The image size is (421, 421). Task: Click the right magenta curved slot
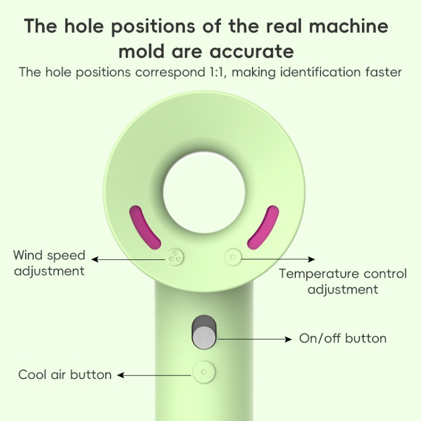(x=264, y=227)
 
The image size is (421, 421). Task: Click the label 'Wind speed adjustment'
(x=49, y=263)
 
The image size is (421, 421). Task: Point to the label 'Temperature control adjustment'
(x=342, y=281)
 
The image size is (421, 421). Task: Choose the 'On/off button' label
(x=342, y=338)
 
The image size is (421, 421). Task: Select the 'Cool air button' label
(x=65, y=374)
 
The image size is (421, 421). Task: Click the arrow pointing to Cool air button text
(x=155, y=374)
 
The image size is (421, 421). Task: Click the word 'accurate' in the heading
(x=251, y=51)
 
